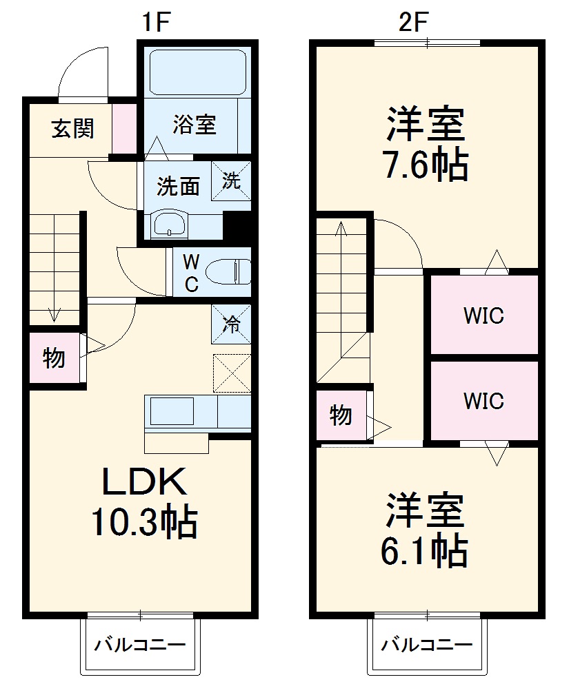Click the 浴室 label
coord(195,125)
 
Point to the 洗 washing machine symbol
coord(231,180)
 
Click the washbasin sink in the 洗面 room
coord(168,224)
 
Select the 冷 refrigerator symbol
coord(232,324)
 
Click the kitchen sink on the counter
coord(172,412)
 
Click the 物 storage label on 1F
coord(54,358)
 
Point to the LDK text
coord(145,482)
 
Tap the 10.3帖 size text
coord(145,523)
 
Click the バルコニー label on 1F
coord(140,645)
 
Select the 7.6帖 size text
coord(426,165)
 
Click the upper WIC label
coord(483,316)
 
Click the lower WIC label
coord(483,400)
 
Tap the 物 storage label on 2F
coord(341,415)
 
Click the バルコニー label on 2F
coord(428,645)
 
